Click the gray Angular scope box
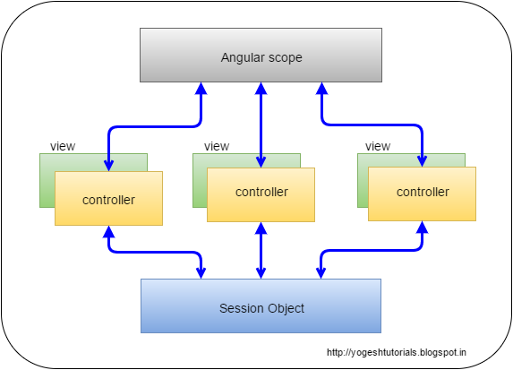click(261, 55)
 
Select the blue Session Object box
click(261, 305)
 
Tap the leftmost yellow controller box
click(108, 198)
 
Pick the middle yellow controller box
click(261, 194)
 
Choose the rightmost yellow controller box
click(422, 194)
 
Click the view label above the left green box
click(63, 146)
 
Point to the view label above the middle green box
click(217, 146)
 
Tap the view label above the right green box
click(378, 146)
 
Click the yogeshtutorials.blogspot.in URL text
click(397, 353)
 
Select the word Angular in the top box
click(243, 58)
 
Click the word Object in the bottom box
click(286, 309)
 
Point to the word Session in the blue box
click(242, 308)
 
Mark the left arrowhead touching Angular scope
click(201, 89)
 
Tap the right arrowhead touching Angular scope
click(322, 89)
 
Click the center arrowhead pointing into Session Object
click(261, 273)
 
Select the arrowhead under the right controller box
click(422, 228)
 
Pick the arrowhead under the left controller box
click(108, 232)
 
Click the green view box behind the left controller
click(47, 180)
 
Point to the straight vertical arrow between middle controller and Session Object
click(261, 251)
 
